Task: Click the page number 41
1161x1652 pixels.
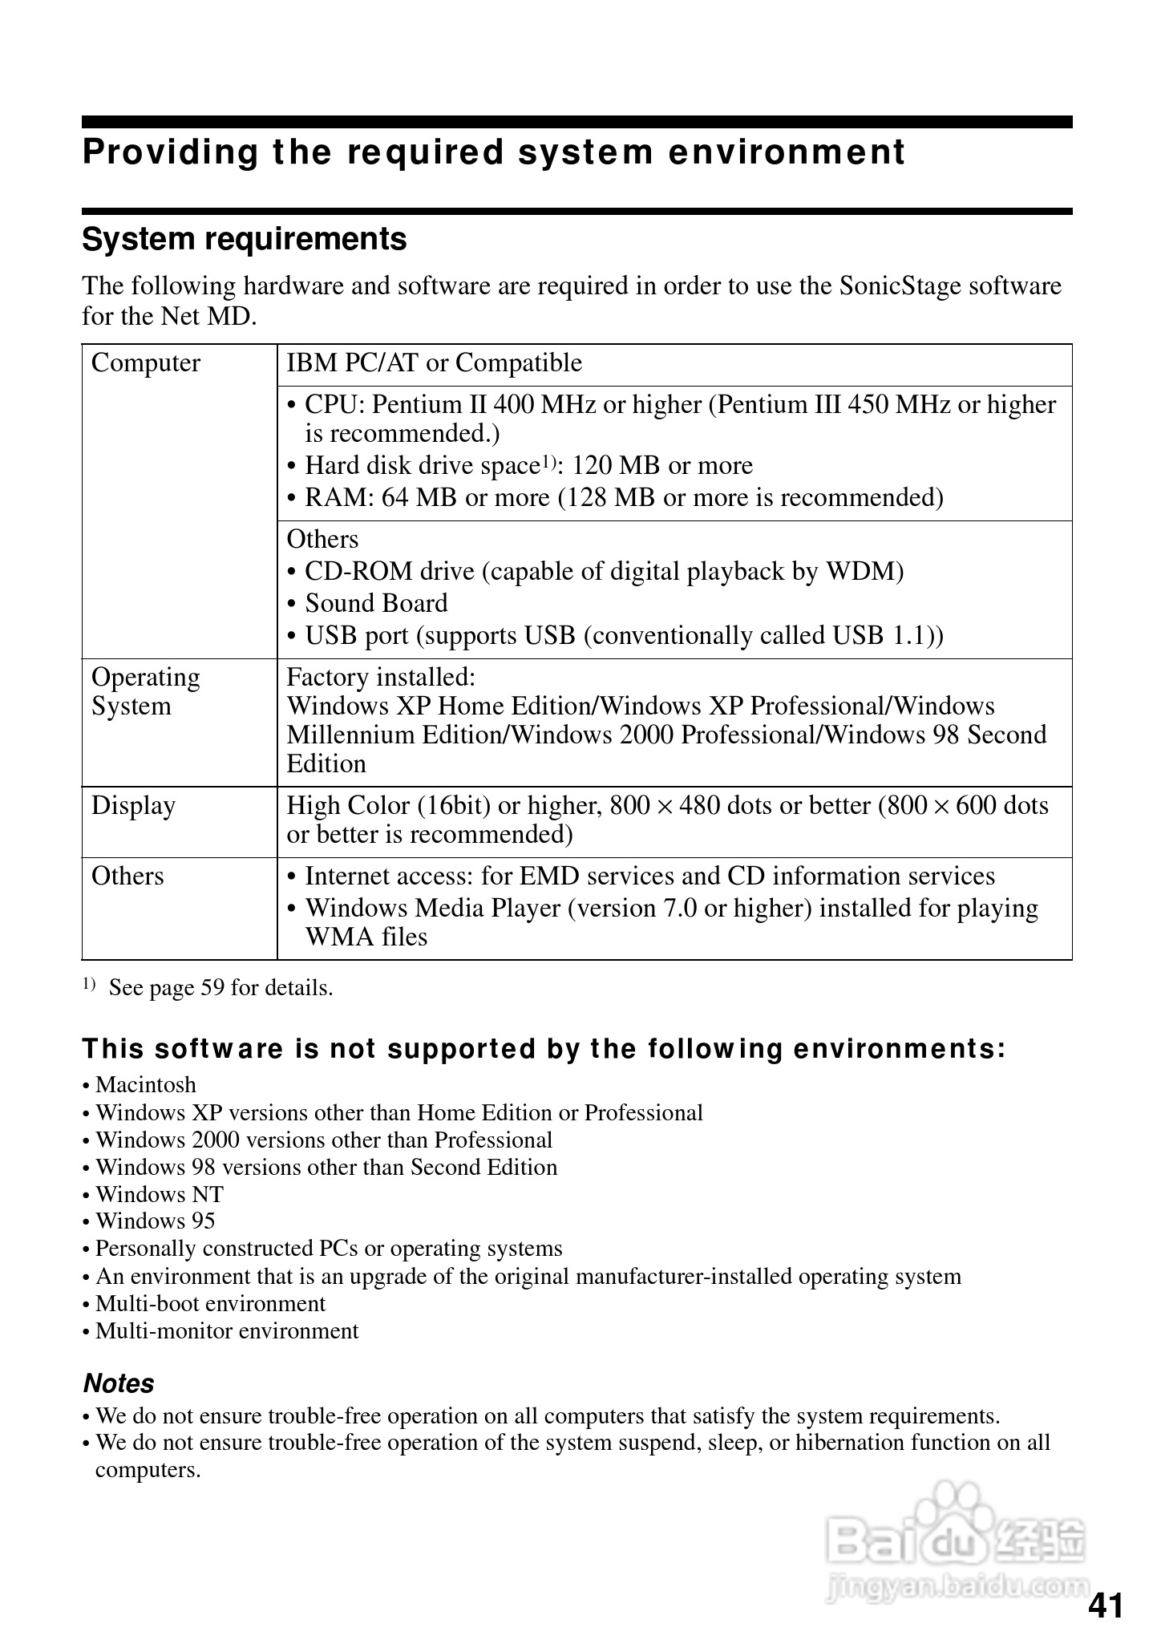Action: (1106, 1606)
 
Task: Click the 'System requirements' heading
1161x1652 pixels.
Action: (245, 239)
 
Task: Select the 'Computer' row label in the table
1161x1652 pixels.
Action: (145, 363)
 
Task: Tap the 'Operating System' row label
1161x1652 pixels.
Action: (145, 691)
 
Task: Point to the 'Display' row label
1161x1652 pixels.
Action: (133, 806)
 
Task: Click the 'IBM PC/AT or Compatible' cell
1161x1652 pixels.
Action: (435, 363)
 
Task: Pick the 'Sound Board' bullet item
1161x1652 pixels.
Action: (376, 604)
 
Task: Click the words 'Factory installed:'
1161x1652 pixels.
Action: (381, 678)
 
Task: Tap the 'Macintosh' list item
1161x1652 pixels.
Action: (145, 1085)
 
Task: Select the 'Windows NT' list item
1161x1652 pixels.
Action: (159, 1194)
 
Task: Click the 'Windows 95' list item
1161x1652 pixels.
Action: (155, 1221)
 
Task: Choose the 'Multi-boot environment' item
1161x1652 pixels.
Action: (210, 1303)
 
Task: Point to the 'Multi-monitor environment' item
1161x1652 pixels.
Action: (227, 1331)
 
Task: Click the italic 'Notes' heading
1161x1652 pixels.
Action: (119, 1383)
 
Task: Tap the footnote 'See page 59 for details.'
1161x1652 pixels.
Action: (220, 988)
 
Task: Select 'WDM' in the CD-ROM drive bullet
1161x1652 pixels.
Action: (864, 572)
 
